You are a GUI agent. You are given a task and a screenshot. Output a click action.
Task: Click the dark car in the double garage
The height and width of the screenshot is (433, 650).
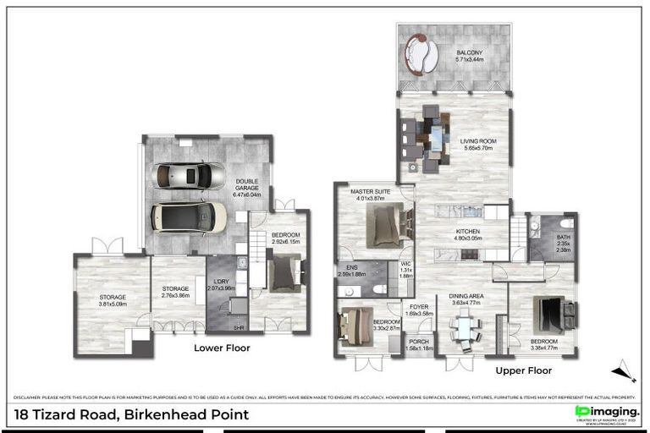click(x=189, y=216)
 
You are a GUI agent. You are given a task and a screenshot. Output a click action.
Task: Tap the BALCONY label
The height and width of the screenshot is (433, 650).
click(x=469, y=55)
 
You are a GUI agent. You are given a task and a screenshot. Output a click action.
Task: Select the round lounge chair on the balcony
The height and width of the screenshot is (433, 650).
click(x=421, y=52)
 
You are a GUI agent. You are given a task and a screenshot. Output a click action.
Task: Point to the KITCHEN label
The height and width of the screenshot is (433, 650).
click(x=468, y=233)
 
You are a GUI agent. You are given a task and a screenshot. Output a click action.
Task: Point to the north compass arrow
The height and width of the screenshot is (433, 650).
click(x=623, y=370)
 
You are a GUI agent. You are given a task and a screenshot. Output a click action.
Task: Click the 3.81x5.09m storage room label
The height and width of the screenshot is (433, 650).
click(x=112, y=301)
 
